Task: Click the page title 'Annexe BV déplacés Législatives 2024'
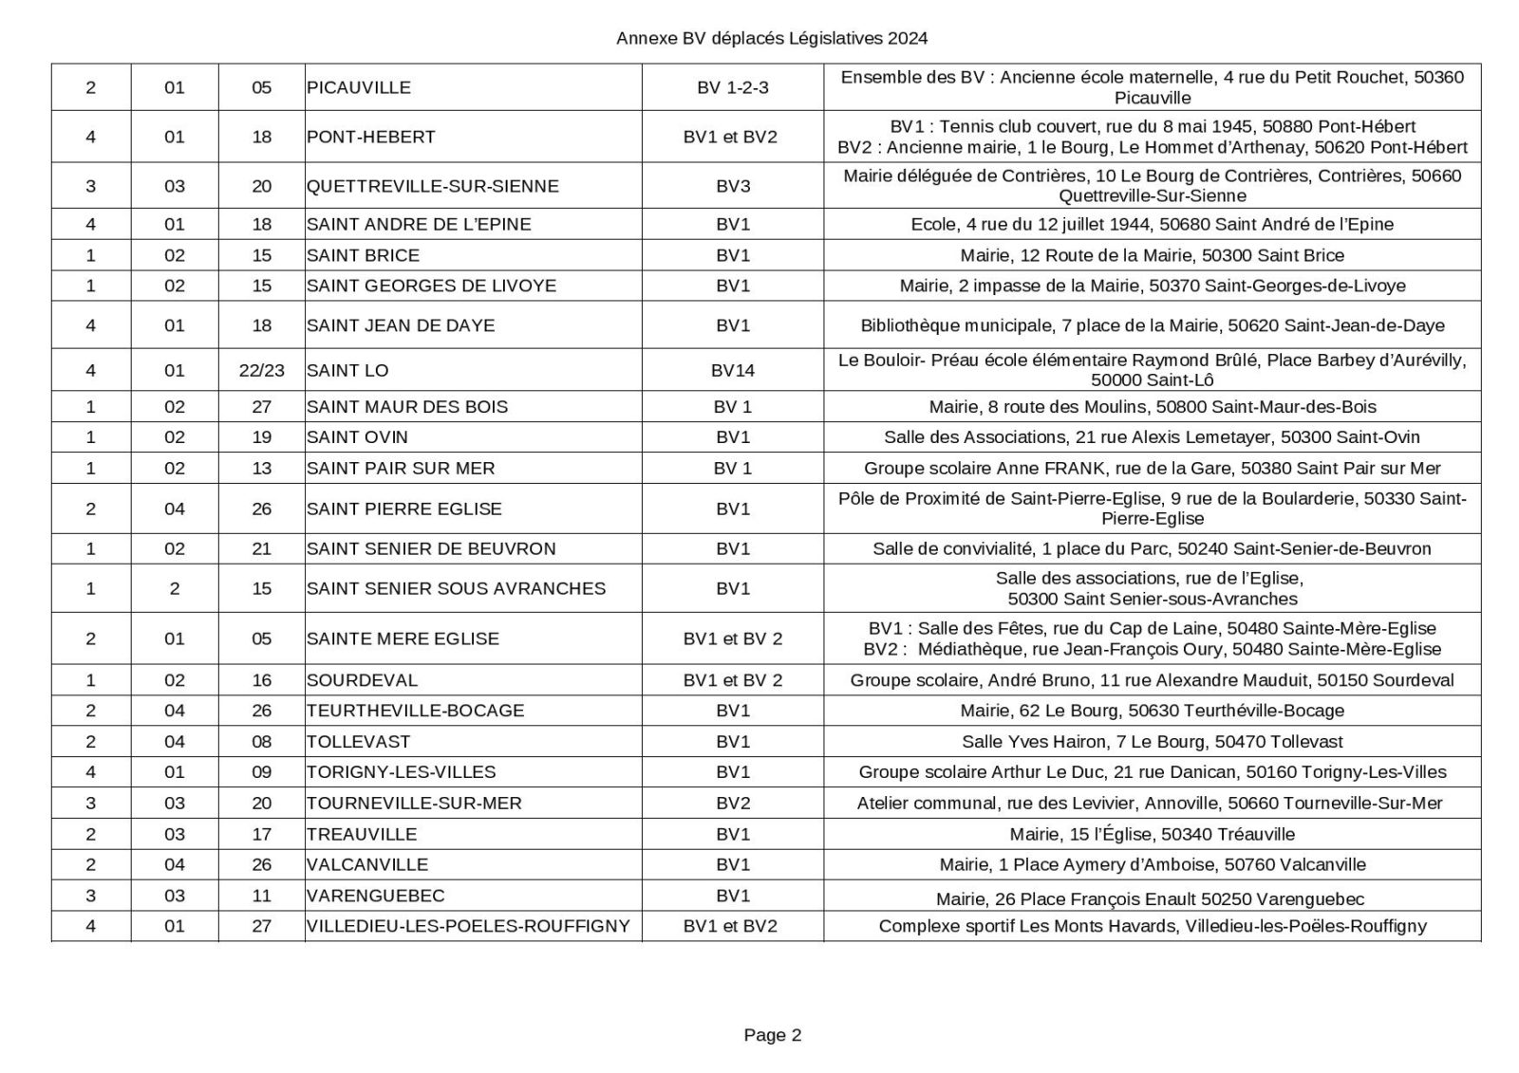[x=771, y=39]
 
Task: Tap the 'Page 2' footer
[x=772, y=1035]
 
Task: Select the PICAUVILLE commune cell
[x=359, y=87]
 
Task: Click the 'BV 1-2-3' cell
[x=732, y=87]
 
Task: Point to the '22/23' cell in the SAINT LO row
[x=261, y=370]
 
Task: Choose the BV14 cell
[x=732, y=370]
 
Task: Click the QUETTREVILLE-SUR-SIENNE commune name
[x=432, y=186]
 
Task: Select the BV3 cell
[x=732, y=186]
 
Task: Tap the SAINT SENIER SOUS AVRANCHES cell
[x=456, y=588]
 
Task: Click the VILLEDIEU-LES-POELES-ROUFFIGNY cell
[x=468, y=926]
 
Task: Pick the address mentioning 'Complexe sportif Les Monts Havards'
[x=1152, y=926]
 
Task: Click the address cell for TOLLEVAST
[x=1152, y=742]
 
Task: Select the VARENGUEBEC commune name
[x=375, y=896]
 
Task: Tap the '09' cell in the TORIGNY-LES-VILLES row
[x=261, y=772]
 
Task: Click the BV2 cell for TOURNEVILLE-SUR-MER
[x=732, y=804]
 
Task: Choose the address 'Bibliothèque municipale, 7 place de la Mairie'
[x=1152, y=325]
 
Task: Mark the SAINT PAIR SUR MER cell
[x=401, y=468]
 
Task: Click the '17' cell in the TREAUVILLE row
[x=261, y=834]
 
